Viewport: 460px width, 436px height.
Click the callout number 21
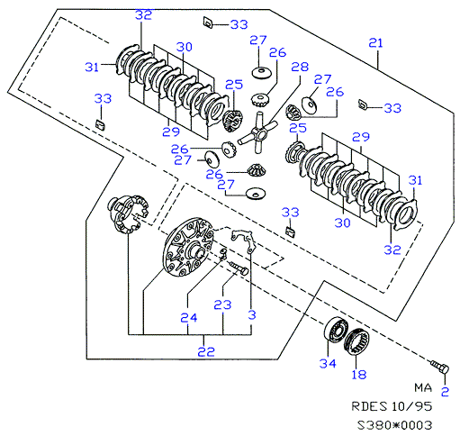(x=375, y=43)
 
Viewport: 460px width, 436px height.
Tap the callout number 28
(x=300, y=67)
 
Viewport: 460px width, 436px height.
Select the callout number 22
(x=206, y=351)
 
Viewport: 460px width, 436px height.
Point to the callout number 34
(x=328, y=363)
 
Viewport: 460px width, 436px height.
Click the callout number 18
(x=359, y=375)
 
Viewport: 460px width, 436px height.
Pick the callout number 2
(x=445, y=391)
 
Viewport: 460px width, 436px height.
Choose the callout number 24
(x=189, y=317)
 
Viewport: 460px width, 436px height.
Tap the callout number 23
(x=222, y=304)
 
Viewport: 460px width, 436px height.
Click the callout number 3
(x=252, y=314)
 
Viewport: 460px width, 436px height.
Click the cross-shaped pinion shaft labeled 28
(x=257, y=132)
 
